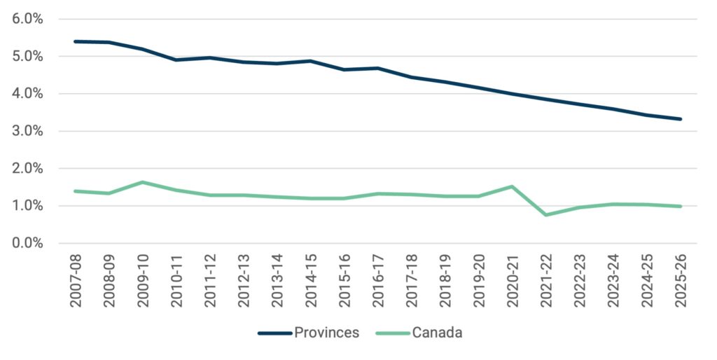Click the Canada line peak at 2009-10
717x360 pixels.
[142, 182]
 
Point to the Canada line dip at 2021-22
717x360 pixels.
[545, 215]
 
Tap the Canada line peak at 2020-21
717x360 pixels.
[512, 186]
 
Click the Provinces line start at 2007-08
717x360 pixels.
[75, 41]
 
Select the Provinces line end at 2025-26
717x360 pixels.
[680, 119]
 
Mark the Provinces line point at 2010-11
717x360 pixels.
[176, 60]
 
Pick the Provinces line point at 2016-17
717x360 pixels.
[377, 68]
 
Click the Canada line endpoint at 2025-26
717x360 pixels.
[680, 206]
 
